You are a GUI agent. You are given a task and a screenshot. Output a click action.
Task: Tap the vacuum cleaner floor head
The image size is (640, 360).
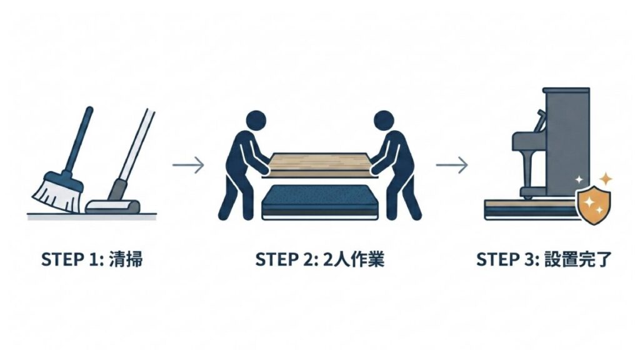point(112,206)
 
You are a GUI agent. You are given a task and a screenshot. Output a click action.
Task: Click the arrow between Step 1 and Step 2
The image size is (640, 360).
point(188,165)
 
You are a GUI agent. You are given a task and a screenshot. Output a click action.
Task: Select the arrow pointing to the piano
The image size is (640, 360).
point(452,165)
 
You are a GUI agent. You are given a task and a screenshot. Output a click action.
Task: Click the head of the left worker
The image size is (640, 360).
point(256,121)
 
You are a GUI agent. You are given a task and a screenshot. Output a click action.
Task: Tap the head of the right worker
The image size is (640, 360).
point(384,121)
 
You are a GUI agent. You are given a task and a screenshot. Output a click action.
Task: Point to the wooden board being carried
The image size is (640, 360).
point(319,165)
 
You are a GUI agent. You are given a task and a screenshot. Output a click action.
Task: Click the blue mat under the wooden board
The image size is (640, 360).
point(319,202)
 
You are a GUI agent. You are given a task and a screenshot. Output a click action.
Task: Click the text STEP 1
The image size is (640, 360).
point(72,259)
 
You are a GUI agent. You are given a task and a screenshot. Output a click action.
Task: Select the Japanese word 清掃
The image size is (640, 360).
point(126,259)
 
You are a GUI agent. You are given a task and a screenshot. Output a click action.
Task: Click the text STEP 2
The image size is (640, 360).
point(286,259)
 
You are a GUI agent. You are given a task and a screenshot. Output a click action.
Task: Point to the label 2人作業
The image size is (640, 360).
point(354,259)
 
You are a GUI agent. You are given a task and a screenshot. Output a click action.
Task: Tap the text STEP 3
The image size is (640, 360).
point(508,259)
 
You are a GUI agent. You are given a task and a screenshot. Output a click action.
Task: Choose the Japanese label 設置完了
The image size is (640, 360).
point(578,259)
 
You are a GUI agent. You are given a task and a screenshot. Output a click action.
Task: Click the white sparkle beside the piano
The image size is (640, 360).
point(579,179)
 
